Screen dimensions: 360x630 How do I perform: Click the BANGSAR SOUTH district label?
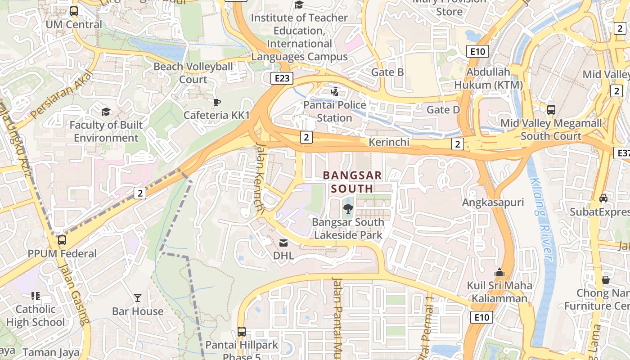(352, 182)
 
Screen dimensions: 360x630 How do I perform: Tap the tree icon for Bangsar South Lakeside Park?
(347, 208)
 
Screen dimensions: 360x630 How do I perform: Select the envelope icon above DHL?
(283, 243)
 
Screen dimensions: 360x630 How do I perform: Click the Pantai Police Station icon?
(334, 92)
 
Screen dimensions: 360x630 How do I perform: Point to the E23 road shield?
(282, 78)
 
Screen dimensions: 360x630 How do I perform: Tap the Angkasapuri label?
(493, 202)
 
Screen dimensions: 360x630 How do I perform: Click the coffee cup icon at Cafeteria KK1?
(216, 103)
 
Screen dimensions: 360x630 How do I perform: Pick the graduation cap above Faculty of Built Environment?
(106, 112)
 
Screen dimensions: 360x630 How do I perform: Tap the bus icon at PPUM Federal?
(62, 240)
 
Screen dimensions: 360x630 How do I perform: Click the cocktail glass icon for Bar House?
(138, 298)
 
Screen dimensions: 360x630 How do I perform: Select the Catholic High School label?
(36, 315)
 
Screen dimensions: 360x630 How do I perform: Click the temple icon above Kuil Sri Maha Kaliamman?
(499, 272)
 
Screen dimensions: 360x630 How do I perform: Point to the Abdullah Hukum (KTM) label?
(488, 78)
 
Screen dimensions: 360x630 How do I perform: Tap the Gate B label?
(387, 72)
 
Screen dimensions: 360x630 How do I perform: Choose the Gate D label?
(443, 109)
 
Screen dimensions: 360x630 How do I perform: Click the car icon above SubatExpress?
(603, 198)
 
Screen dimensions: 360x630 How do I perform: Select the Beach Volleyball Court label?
(193, 73)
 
